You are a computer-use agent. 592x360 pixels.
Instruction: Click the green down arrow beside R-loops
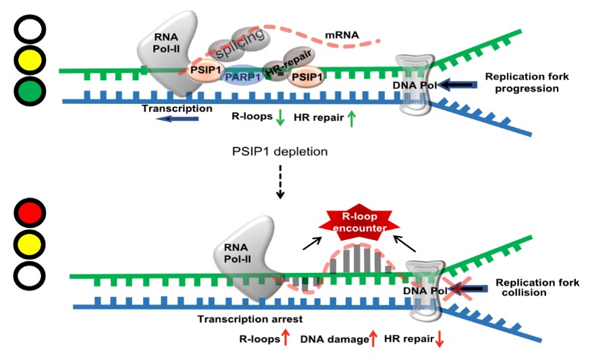coord(280,119)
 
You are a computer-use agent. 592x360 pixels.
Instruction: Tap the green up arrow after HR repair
coord(351,119)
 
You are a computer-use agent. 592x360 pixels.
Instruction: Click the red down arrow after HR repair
coord(440,340)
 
